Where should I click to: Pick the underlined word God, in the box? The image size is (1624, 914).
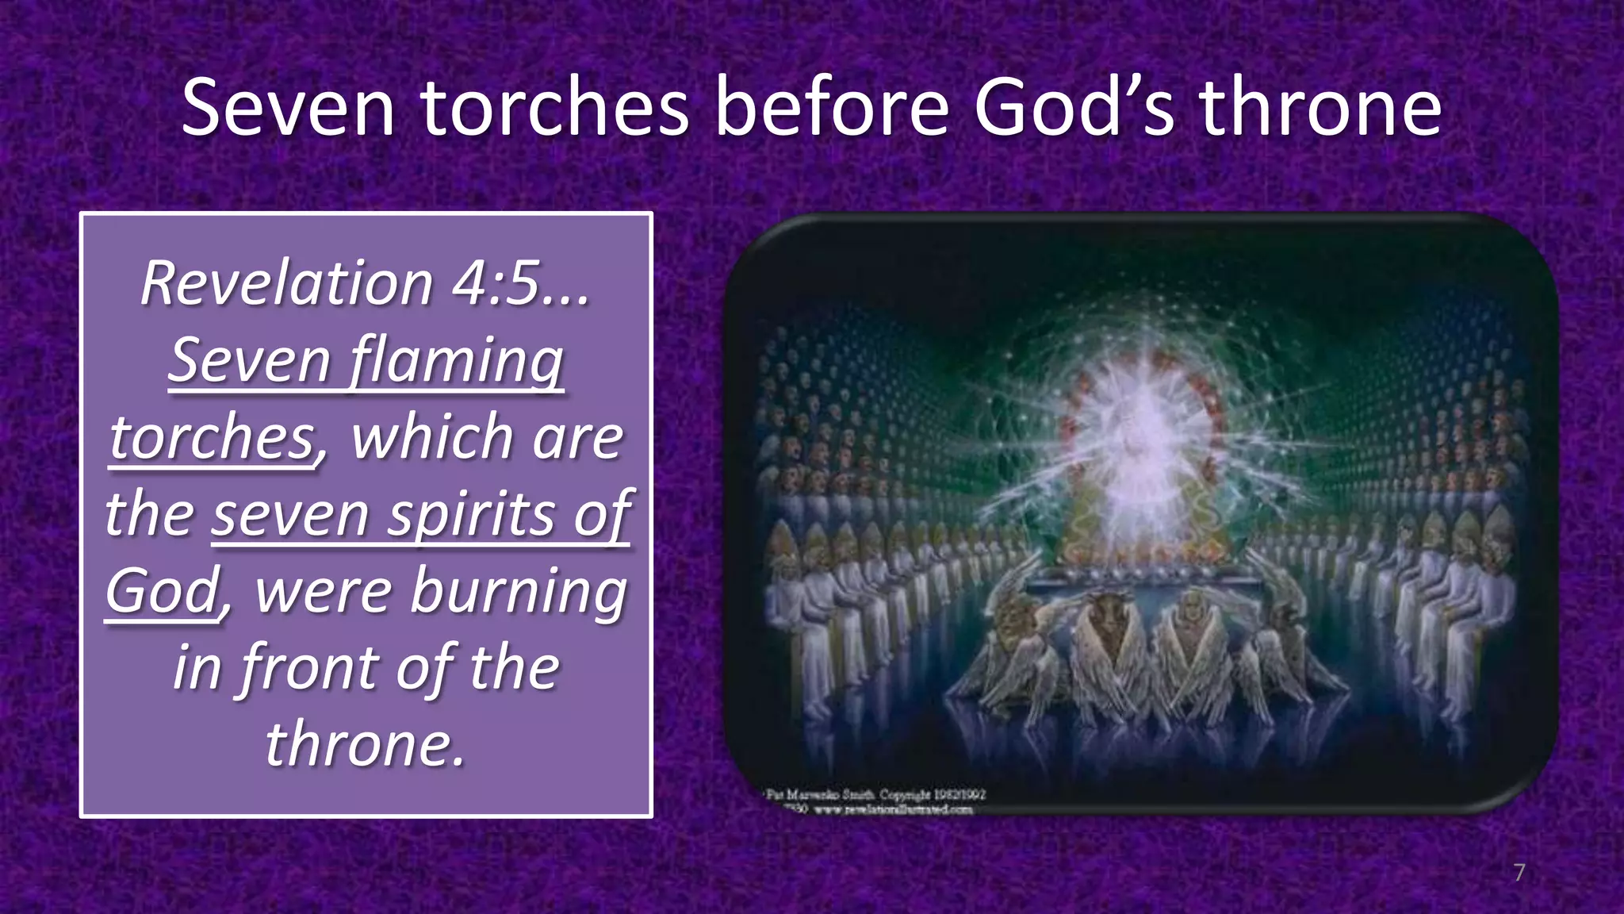pyautogui.click(x=167, y=591)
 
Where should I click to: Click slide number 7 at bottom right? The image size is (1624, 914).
pyautogui.click(x=1519, y=872)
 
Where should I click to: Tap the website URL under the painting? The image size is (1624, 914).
pyautogui.click(x=893, y=810)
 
